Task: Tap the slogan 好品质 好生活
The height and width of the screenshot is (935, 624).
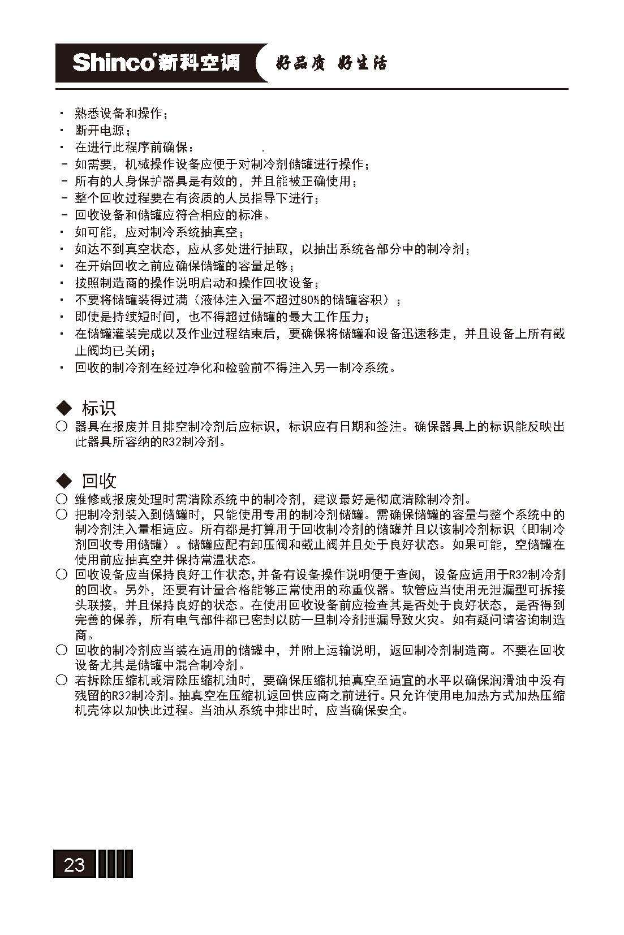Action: (x=331, y=63)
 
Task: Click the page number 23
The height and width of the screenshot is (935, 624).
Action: (x=75, y=864)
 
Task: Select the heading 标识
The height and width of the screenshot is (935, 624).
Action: (x=99, y=408)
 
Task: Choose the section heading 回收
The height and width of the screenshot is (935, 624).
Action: (x=99, y=481)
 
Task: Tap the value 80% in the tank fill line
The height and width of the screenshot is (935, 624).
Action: (x=311, y=300)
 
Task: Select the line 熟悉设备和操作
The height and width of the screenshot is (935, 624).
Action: (x=121, y=114)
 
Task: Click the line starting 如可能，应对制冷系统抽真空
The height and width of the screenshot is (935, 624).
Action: (x=159, y=232)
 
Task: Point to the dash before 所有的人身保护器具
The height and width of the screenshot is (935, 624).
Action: (x=64, y=181)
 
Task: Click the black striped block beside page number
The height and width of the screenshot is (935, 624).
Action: (x=115, y=864)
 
